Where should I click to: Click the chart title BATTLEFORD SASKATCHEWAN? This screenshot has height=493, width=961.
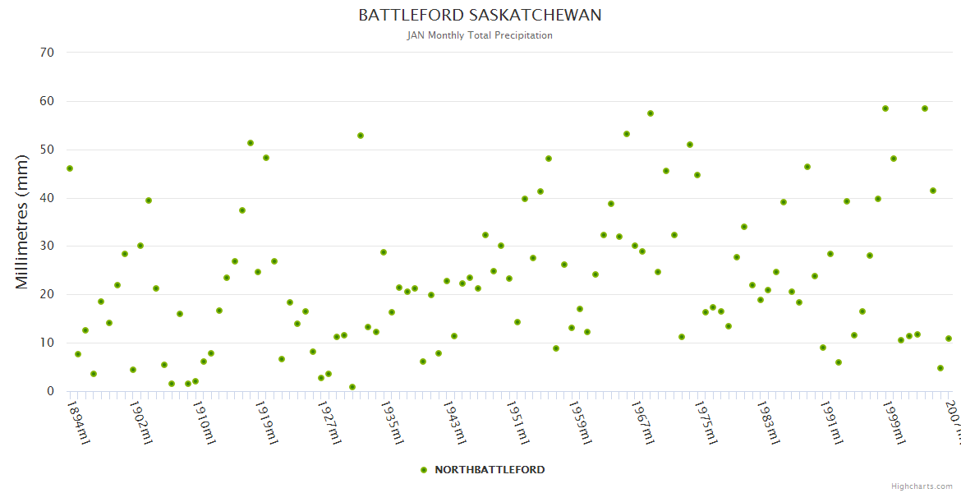tap(480, 16)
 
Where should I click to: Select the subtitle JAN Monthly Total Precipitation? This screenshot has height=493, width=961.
tap(480, 35)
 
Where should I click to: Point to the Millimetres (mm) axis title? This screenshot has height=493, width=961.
tap(22, 222)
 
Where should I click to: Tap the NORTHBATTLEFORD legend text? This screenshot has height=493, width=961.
tap(490, 470)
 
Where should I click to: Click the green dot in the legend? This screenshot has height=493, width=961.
tap(424, 470)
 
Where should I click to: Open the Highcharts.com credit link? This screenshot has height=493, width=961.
tap(922, 486)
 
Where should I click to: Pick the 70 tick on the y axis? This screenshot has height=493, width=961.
tap(47, 53)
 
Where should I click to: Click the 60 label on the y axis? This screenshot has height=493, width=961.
tap(47, 101)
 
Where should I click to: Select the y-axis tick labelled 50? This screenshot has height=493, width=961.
tap(47, 150)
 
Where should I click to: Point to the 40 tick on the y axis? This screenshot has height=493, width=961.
tap(47, 198)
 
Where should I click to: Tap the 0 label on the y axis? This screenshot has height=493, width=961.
tap(50, 391)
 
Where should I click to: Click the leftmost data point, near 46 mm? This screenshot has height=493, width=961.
tap(70, 168)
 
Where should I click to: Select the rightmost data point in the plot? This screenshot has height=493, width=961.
tap(949, 339)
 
